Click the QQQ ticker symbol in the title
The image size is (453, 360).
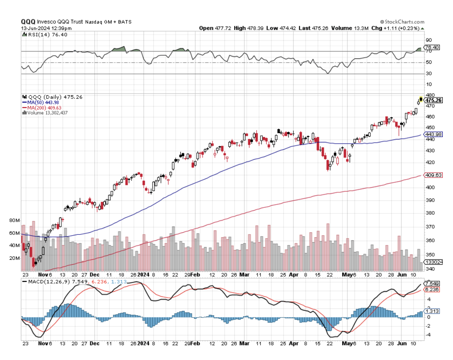point(28,22)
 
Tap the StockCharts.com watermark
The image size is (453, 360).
point(404,22)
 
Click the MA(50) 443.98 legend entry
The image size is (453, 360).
point(38,102)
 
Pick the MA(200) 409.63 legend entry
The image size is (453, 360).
point(39,107)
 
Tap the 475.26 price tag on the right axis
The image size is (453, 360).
point(434,100)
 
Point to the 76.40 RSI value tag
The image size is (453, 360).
point(432,47)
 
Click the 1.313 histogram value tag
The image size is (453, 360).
point(432,311)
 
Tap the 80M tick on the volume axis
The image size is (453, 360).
point(15,220)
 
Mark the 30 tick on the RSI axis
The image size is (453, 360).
point(428,73)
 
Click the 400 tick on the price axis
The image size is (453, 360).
point(429,187)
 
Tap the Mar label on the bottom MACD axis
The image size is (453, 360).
point(244,344)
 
